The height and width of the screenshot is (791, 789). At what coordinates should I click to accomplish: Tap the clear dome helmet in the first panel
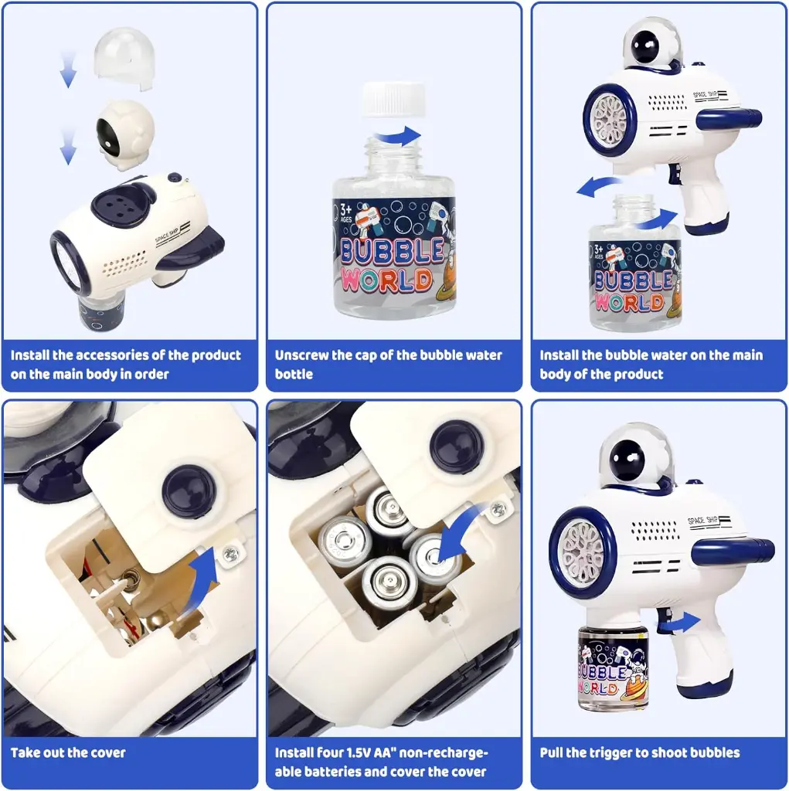(x=124, y=59)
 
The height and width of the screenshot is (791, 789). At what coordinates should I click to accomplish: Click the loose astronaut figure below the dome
(x=125, y=134)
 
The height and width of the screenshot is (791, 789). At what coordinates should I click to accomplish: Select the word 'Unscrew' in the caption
(x=300, y=355)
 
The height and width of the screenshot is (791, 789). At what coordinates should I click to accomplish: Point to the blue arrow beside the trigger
(x=679, y=623)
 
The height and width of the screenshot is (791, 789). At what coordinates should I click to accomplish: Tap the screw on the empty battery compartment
(x=230, y=555)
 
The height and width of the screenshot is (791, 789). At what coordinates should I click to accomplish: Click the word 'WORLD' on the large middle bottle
(x=386, y=280)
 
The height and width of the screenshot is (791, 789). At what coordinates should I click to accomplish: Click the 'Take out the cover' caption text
(x=68, y=752)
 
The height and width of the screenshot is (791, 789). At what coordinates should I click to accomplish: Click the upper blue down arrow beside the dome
(x=68, y=69)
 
